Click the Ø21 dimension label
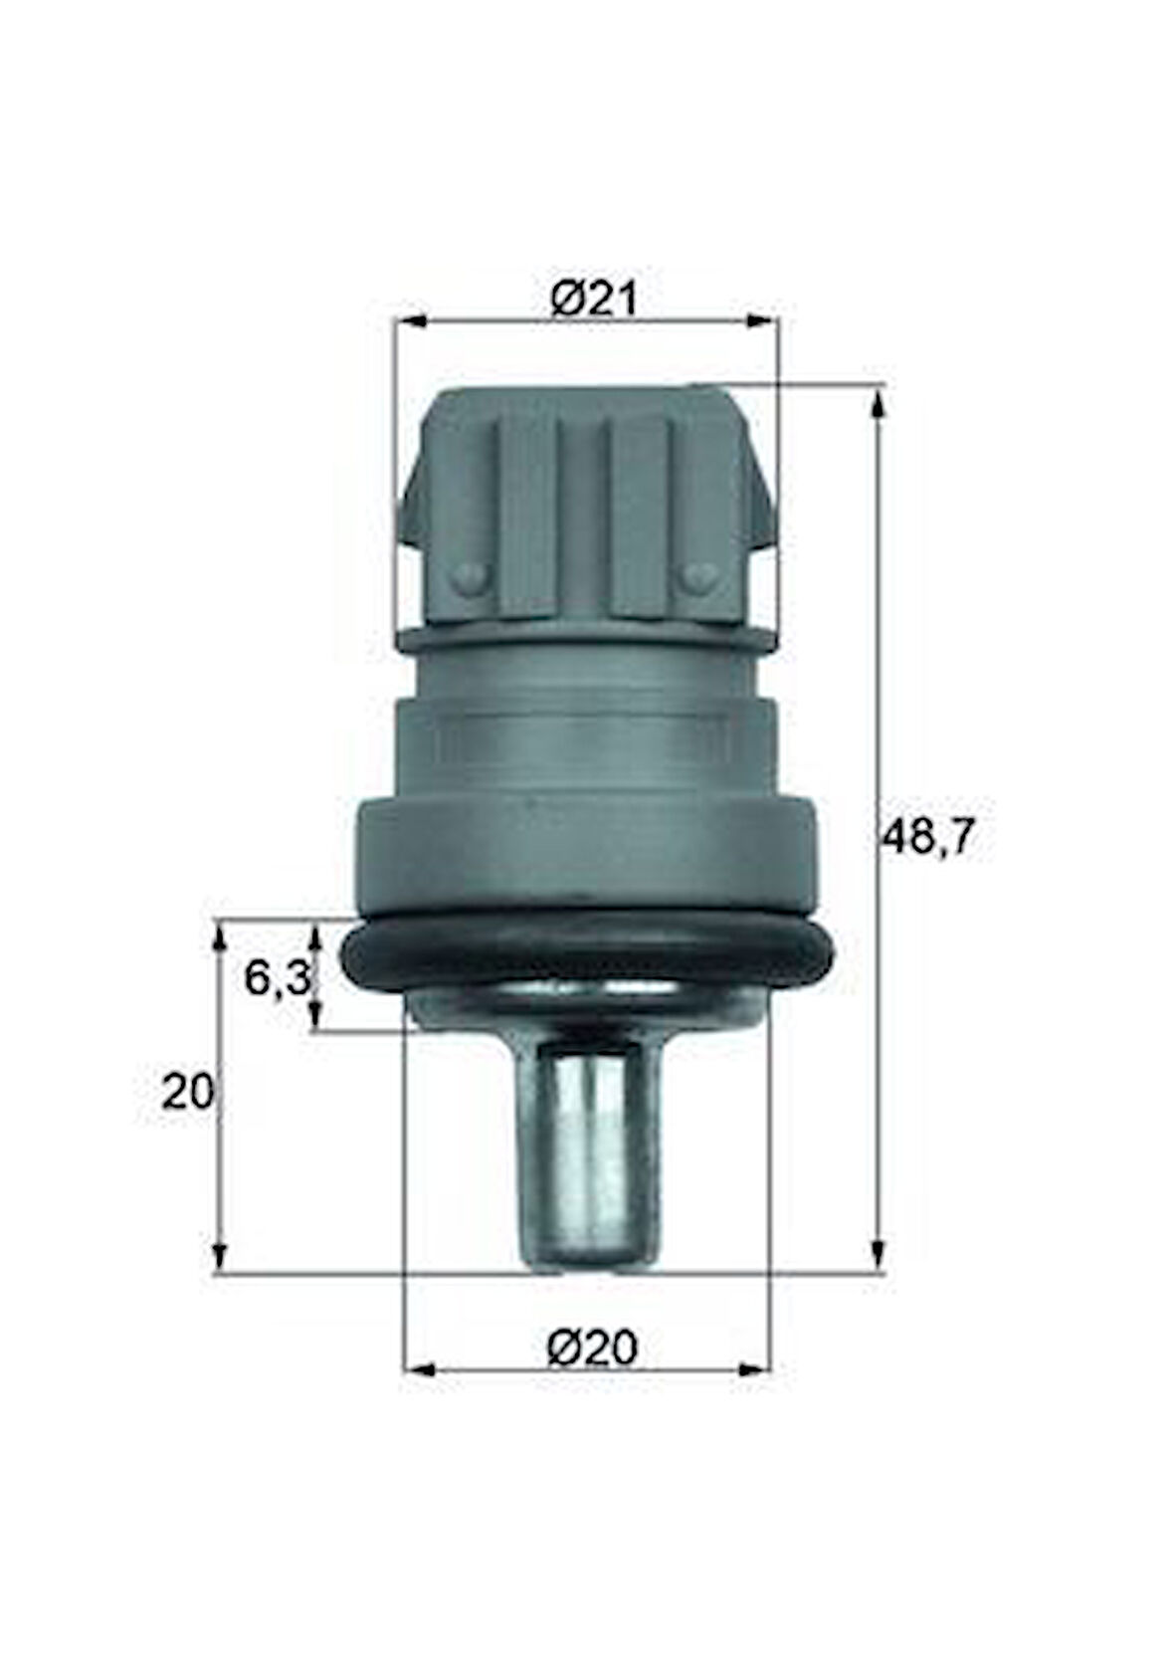point(593,300)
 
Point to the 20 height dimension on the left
point(188,1093)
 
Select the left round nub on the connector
point(468,576)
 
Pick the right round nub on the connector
point(700,575)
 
